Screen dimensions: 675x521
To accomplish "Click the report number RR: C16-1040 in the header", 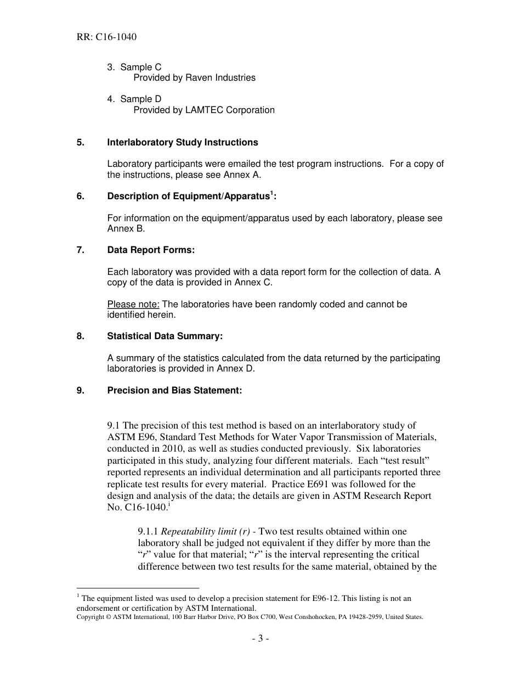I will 106,37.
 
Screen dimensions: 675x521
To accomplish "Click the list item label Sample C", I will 140,67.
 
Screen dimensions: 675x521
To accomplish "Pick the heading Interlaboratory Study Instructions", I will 182,142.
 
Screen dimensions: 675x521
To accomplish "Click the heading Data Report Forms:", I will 151,250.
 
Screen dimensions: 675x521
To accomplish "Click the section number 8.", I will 80,336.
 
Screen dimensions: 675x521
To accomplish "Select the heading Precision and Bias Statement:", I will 174,391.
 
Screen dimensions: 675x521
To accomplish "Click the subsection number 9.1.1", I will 148,531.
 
